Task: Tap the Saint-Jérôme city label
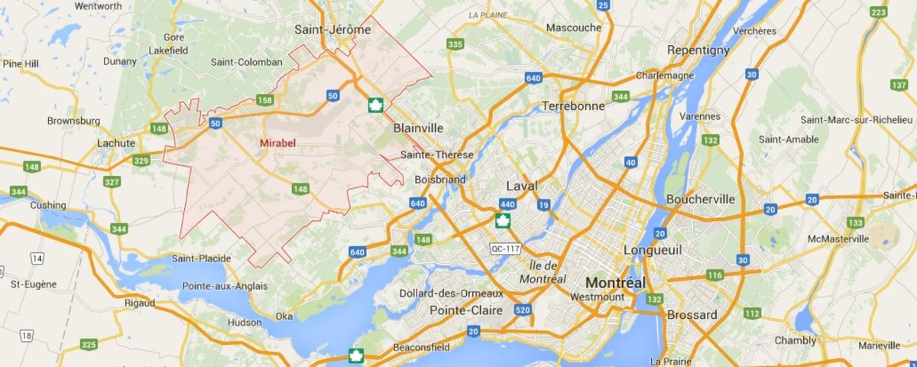332,30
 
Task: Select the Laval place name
522,186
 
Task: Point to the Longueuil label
652,250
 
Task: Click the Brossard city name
692,315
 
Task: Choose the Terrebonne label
573,106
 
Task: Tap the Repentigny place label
698,50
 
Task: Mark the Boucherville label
700,199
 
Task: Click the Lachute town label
116,143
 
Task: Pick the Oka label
284,316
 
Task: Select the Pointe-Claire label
466,310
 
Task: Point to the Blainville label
418,128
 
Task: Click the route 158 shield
265,100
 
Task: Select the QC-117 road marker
505,249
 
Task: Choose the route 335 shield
455,44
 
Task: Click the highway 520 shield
523,310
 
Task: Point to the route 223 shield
878,12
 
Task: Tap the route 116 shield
715,275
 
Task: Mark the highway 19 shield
543,204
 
